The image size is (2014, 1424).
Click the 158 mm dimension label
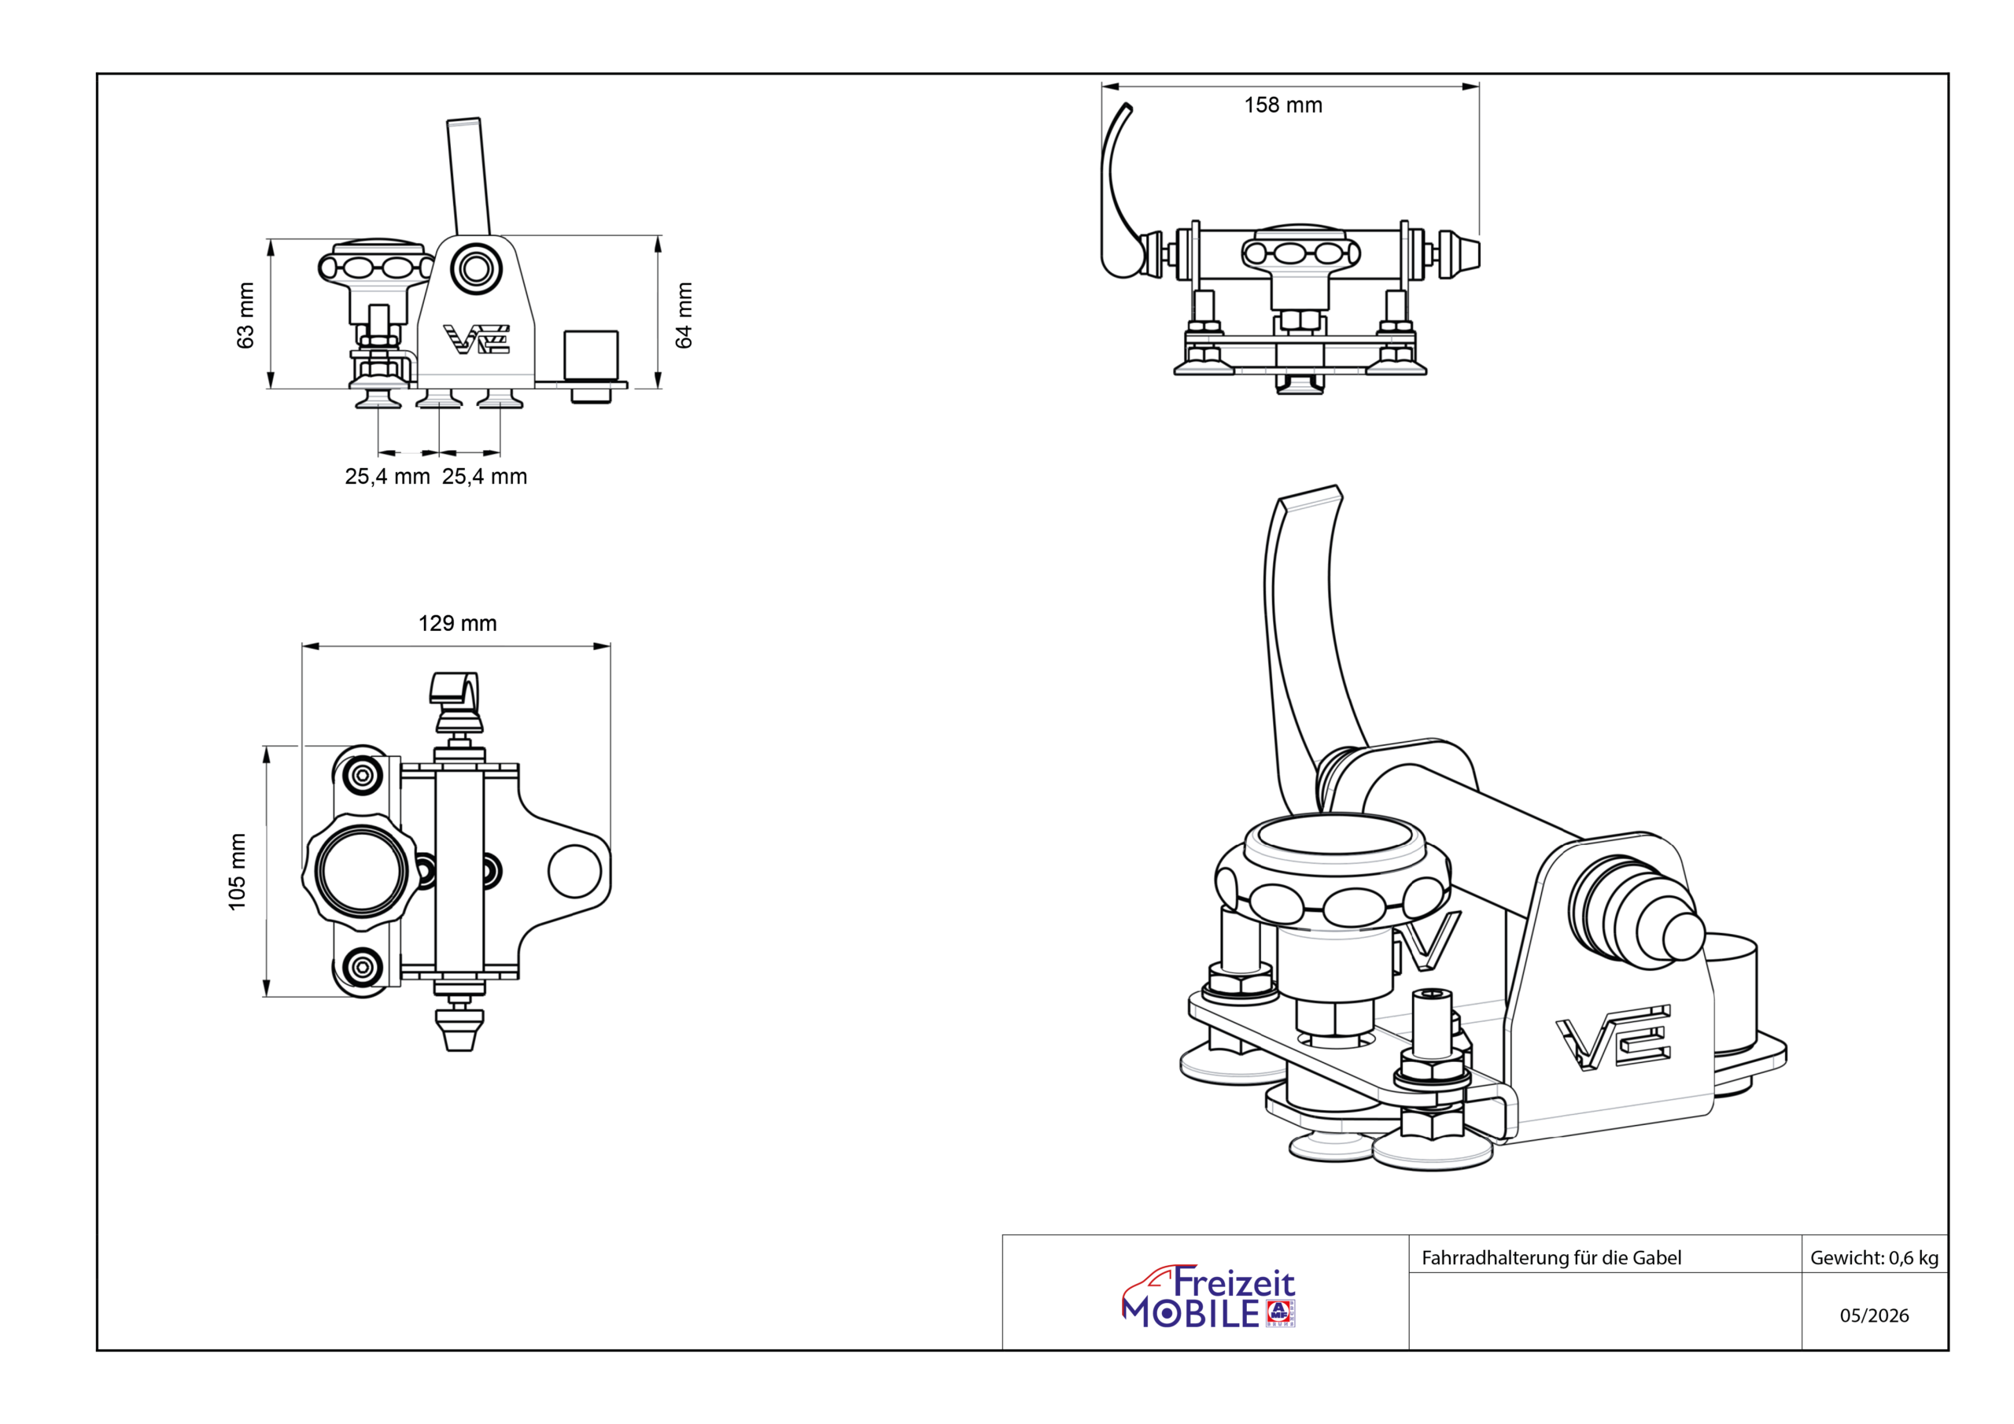[1282, 105]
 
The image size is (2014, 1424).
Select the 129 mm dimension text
[457, 623]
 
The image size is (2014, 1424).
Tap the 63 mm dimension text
[245, 315]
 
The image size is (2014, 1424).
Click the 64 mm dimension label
[684, 315]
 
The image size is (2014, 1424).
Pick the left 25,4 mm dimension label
[387, 477]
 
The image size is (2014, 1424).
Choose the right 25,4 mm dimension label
[484, 477]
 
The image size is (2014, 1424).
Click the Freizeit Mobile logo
[1208, 1296]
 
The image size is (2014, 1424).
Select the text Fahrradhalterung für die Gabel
[1551, 1257]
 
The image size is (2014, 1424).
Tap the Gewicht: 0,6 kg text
[1875, 1257]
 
